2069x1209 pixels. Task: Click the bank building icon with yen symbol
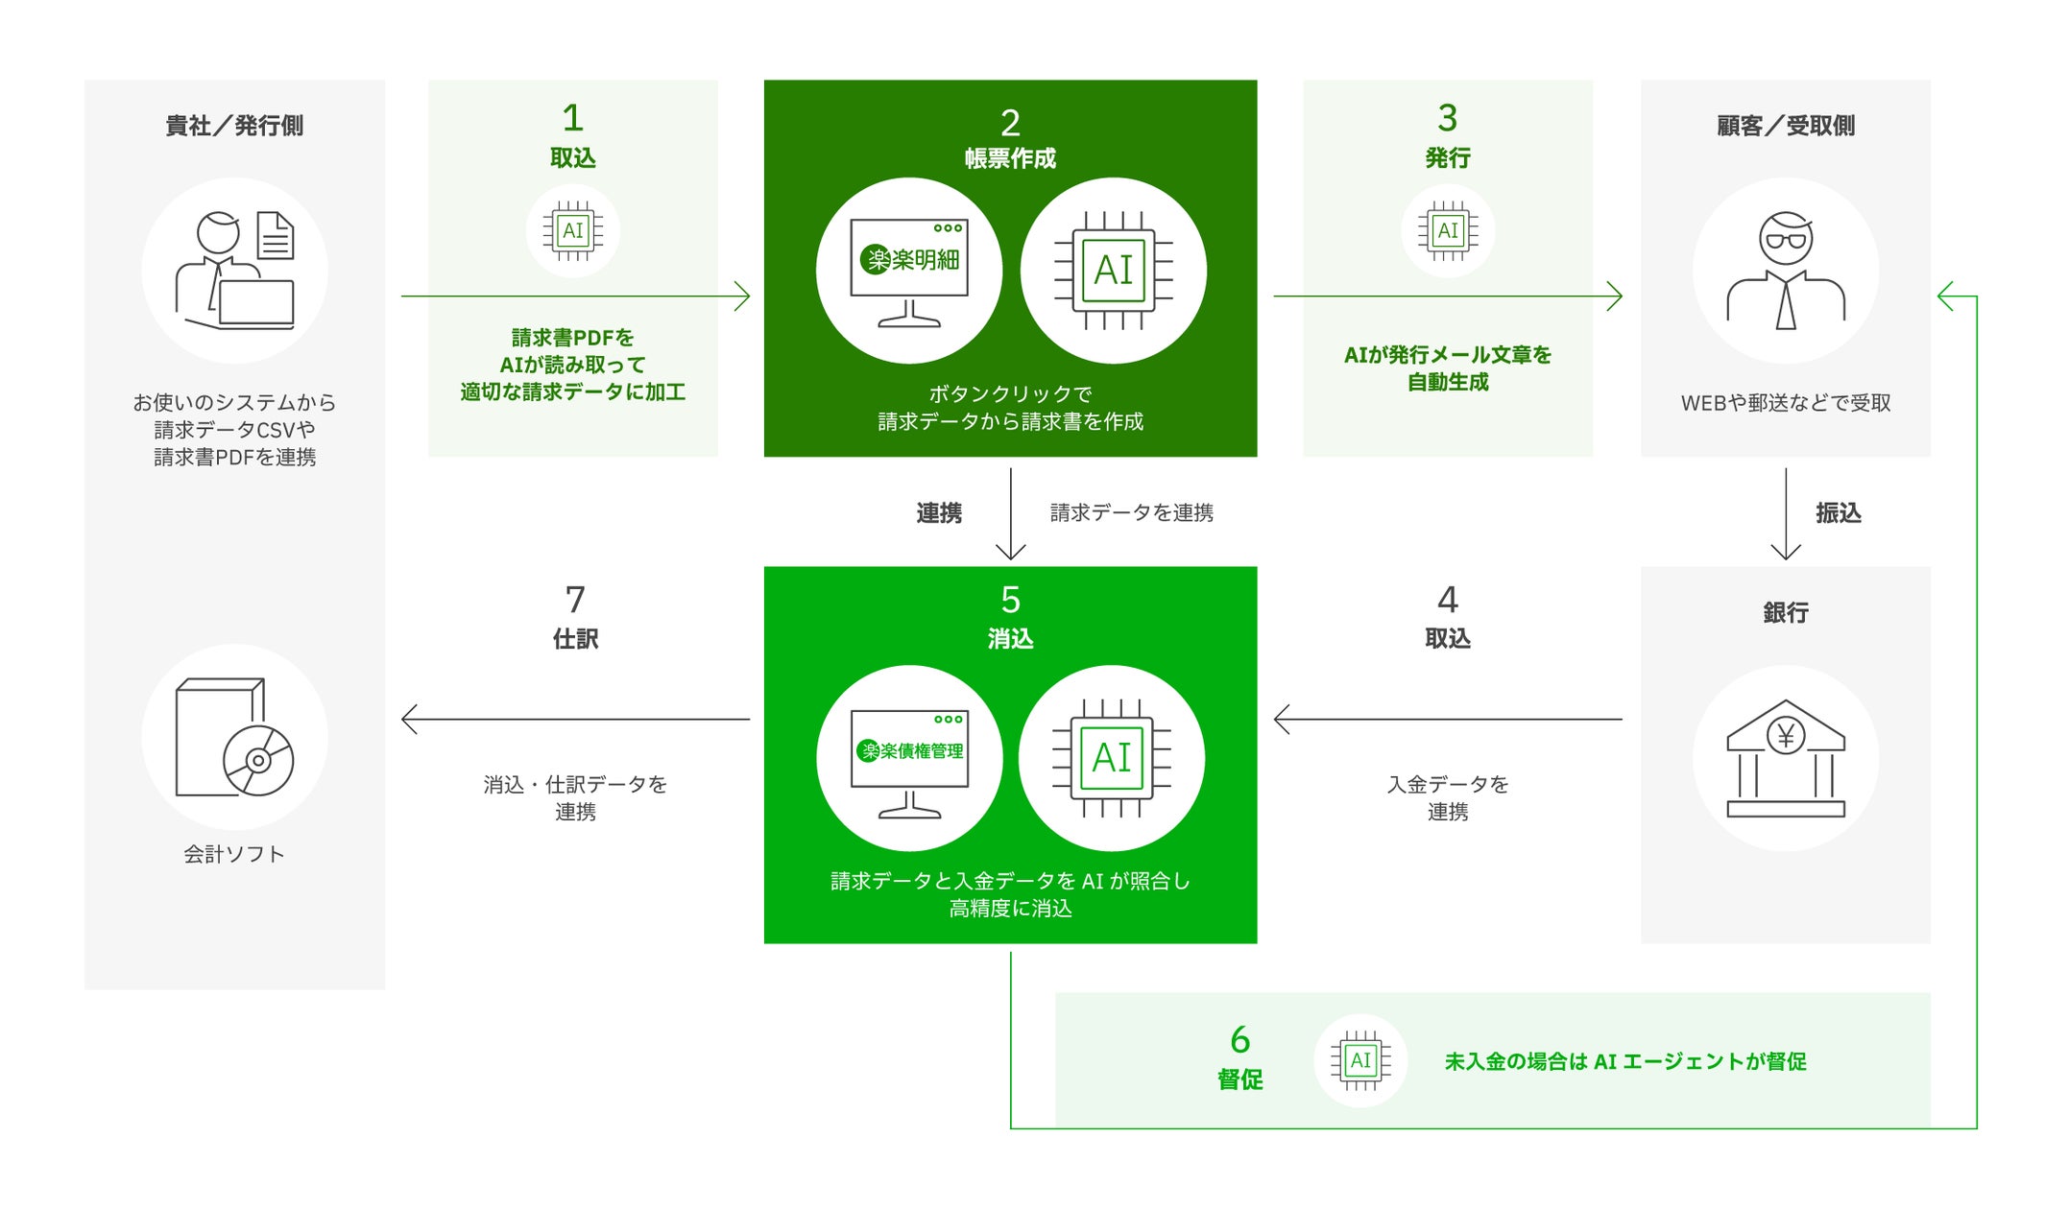coord(1785,758)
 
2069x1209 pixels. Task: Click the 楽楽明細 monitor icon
coord(909,271)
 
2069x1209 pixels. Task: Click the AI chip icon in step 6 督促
coord(1359,1060)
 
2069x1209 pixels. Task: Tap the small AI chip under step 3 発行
coord(1447,230)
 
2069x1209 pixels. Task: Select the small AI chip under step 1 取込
coord(572,230)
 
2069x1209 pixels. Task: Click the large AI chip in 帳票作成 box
coord(1114,271)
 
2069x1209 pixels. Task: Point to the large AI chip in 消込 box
coord(1112,758)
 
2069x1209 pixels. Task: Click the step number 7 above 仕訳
coord(575,600)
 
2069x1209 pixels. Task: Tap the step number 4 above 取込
coord(1447,600)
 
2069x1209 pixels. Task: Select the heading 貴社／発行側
coord(234,126)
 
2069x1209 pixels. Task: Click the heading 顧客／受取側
coord(1785,126)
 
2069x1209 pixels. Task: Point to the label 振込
coord(1838,513)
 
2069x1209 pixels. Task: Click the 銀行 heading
coord(1785,612)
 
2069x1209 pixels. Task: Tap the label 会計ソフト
coord(234,854)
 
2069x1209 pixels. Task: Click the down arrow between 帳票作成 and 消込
coord(1010,514)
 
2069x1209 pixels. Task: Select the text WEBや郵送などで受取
coord(1785,403)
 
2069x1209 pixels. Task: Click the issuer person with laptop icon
coord(234,271)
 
